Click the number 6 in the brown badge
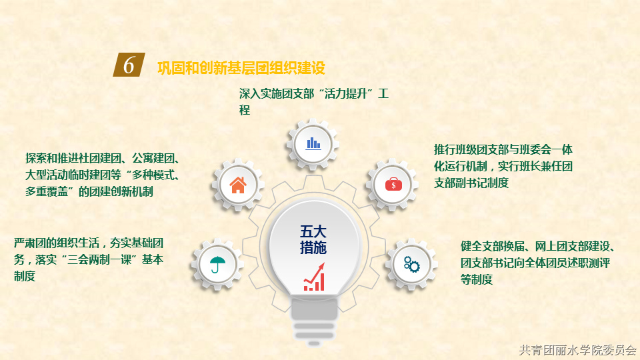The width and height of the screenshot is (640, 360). click(129, 65)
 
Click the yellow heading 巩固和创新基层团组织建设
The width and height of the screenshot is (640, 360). click(241, 68)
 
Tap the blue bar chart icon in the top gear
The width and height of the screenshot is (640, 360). click(313, 143)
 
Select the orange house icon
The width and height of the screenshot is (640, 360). click(238, 185)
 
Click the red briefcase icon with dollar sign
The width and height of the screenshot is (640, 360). click(393, 185)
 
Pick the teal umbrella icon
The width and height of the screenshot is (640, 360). click(217, 264)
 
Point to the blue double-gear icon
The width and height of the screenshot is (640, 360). click(411, 264)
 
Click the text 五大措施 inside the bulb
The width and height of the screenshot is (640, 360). click(313, 239)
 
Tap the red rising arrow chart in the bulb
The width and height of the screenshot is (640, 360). click(314, 277)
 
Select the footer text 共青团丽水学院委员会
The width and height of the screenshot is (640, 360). click(577, 350)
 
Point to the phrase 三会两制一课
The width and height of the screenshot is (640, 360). click(99, 259)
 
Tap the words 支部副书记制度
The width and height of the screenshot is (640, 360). click(471, 183)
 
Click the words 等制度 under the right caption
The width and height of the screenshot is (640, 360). click(477, 279)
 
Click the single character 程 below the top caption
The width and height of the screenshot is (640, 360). click(245, 110)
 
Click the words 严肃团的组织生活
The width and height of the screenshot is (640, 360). click(57, 243)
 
